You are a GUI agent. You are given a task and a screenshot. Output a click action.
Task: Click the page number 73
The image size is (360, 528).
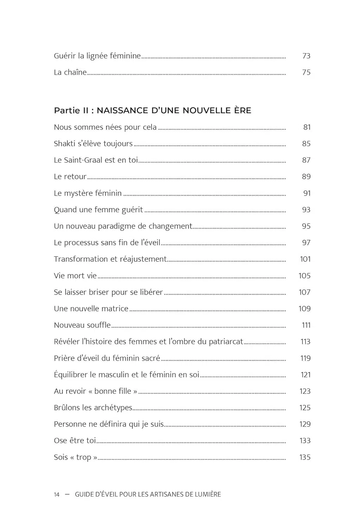[x=306, y=56]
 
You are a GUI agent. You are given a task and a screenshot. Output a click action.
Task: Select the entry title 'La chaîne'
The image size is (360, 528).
[x=70, y=73]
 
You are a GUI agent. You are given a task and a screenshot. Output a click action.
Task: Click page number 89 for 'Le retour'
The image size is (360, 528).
[x=306, y=177]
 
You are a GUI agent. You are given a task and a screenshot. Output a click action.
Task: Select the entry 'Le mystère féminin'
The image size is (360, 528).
[x=88, y=193]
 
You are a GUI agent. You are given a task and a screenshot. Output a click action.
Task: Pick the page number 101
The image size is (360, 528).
[x=305, y=259]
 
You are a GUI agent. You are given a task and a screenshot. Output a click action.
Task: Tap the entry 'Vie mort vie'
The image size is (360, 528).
[x=75, y=276]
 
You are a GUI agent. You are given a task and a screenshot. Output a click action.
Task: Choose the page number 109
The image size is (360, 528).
[x=304, y=309]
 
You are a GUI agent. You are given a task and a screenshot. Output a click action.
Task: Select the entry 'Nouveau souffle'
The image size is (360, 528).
[x=82, y=325]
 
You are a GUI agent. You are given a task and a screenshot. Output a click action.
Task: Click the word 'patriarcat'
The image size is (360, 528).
[x=226, y=342]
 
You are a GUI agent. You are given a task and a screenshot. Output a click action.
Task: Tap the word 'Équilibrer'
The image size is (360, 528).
[x=70, y=375]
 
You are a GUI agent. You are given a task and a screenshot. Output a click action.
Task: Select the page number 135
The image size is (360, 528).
[x=305, y=457]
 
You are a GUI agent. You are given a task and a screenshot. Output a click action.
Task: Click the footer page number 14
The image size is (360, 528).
[x=57, y=495]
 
